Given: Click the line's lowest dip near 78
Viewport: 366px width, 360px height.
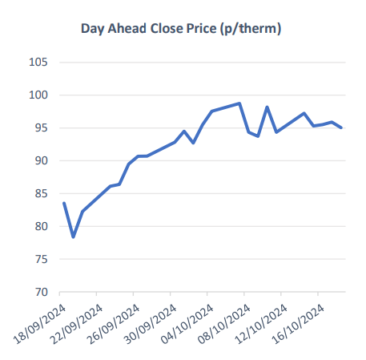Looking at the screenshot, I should [x=73, y=237].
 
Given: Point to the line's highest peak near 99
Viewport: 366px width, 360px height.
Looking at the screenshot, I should [x=239, y=103].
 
